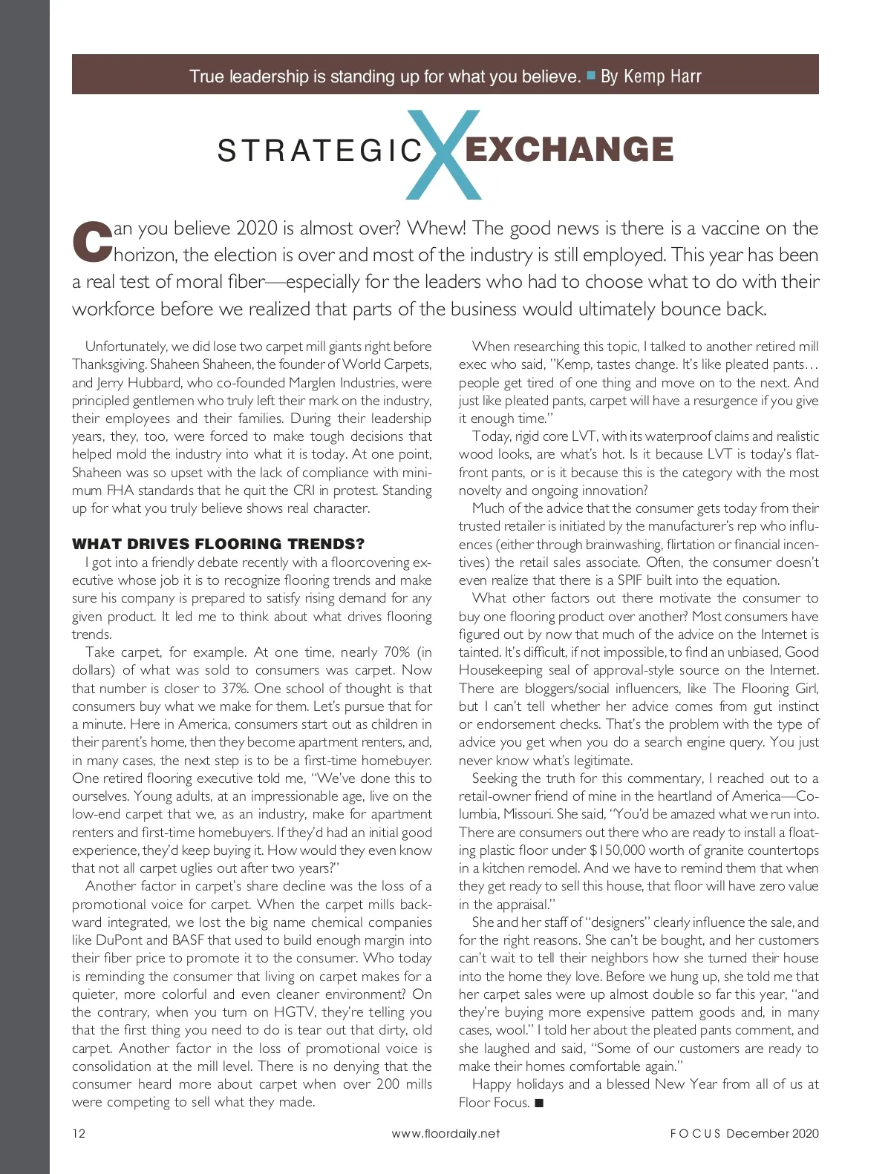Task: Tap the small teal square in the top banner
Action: coord(591,75)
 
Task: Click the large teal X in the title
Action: coord(444,154)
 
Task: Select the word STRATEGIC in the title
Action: coord(320,151)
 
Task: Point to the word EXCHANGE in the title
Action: coord(569,149)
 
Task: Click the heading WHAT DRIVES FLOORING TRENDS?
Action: coord(218,544)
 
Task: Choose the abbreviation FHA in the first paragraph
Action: coord(120,491)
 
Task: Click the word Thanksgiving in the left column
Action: coord(108,364)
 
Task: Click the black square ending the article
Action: coord(539,1103)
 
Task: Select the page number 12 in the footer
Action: coord(79,1133)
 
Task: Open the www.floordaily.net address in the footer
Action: coord(446,1133)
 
